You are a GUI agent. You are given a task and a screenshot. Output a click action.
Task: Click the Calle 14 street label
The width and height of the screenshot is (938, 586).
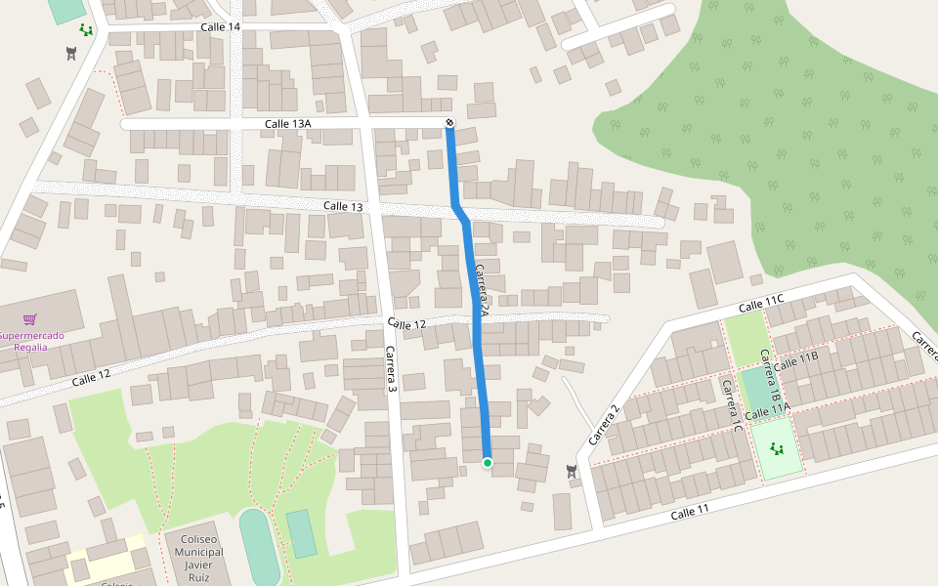pyautogui.click(x=220, y=26)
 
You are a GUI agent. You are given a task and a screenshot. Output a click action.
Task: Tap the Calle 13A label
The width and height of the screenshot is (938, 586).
pyautogui.click(x=287, y=124)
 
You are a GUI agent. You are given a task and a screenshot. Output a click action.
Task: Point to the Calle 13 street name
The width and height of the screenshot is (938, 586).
pyautogui.click(x=343, y=206)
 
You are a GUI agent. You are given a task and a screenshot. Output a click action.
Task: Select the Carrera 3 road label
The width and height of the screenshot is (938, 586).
pyautogui.click(x=390, y=369)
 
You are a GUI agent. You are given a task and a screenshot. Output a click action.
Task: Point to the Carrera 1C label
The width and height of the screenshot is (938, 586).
pyautogui.click(x=732, y=405)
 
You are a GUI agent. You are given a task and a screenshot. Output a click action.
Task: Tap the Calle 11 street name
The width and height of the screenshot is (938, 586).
pyautogui.click(x=690, y=512)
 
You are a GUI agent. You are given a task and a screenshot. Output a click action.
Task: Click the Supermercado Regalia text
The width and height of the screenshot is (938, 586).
pyautogui.click(x=31, y=341)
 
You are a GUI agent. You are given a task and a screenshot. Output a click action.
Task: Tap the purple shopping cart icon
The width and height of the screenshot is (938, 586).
pyautogui.click(x=30, y=319)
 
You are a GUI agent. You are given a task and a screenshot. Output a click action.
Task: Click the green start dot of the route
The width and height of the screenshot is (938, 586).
pyautogui.click(x=487, y=461)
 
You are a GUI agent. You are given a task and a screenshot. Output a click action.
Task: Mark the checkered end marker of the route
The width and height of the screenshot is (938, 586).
pyautogui.click(x=449, y=122)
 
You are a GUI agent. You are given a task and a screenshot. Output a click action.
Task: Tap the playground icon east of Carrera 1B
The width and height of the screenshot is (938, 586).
pyautogui.click(x=778, y=449)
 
